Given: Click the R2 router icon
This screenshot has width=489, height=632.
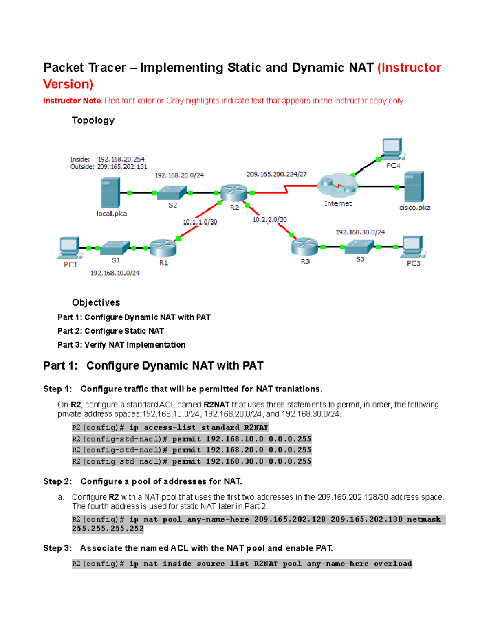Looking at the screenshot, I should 234,192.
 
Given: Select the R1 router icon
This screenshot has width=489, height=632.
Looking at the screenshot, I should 163,247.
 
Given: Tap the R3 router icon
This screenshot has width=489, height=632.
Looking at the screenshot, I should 304,246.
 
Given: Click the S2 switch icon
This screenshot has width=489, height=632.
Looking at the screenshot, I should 172,192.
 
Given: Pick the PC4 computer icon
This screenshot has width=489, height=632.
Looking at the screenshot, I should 392,149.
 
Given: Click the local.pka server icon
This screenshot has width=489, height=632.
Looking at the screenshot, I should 110,192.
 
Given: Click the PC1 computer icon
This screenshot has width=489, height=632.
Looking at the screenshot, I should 70,248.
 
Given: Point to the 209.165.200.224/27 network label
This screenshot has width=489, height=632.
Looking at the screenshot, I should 276,174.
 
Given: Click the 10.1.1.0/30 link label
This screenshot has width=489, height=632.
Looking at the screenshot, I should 200,222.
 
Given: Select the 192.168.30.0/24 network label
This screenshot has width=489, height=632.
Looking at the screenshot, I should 360,232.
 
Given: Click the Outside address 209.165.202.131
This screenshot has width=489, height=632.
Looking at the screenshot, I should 122,167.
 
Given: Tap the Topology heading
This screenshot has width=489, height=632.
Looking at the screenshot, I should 93,120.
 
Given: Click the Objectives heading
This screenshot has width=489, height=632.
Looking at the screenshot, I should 96,302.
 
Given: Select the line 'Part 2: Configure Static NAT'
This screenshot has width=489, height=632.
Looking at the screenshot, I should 110,331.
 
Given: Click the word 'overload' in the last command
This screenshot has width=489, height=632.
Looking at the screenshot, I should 393,564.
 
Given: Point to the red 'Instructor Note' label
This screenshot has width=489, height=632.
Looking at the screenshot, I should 72,101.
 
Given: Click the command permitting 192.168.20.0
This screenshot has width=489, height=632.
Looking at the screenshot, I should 191,450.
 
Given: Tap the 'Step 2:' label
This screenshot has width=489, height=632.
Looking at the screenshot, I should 57,481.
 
